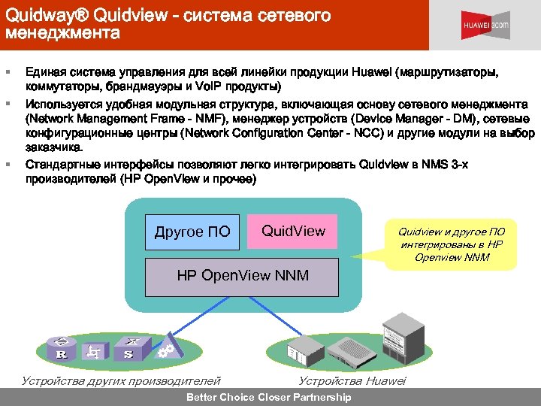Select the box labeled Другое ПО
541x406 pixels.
click(x=192, y=232)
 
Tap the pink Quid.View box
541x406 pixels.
click(x=294, y=231)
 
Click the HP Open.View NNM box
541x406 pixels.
click(x=242, y=276)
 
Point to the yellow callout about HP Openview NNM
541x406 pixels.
click(x=452, y=244)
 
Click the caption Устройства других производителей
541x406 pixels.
click(x=121, y=381)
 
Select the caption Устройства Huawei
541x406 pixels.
click(x=352, y=381)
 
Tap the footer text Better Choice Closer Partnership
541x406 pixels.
click(x=268, y=398)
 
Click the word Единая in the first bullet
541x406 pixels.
click(x=46, y=71)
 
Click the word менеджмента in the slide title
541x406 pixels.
click(x=62, y=33)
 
